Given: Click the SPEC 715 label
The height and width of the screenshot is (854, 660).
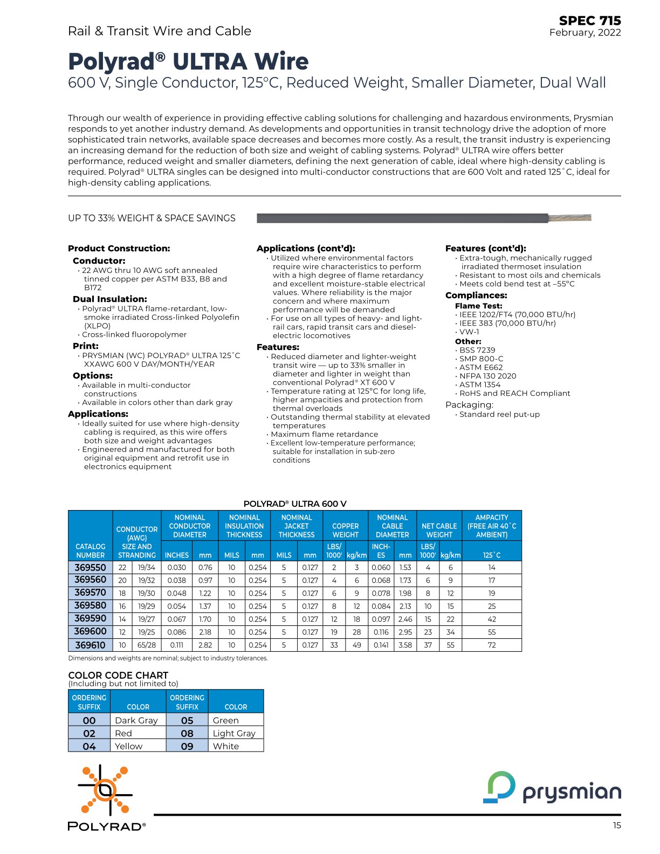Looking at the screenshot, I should click(x=589, y=20).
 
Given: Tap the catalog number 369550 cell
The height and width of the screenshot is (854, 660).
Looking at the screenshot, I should click(x=90, y=567).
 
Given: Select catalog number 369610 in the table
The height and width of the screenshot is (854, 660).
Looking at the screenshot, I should click(x=90, y=645).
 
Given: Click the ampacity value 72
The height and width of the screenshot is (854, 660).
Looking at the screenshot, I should click(x=491, y=645).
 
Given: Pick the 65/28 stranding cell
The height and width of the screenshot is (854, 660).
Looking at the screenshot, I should click(x=146, y=645).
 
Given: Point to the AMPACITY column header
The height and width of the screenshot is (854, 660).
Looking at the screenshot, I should click(x=491, y=526).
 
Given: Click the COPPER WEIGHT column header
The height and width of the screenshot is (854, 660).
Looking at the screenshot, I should click(x=345, y=530).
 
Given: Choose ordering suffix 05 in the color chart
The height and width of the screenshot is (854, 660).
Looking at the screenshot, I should click(x=187, y=720).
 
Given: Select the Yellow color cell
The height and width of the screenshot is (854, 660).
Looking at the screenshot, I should click(x=129, y=746).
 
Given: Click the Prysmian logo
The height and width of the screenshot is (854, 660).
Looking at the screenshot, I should click(x=552, y=788).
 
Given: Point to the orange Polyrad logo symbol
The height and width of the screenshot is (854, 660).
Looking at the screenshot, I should click(x=105, y=790).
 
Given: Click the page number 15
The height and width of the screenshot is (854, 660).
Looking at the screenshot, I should click(x=616, y=825).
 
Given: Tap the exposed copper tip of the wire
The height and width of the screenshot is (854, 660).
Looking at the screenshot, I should click(x=569, y=218).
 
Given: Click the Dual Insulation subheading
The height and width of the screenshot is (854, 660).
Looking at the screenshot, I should click(x=110, y=299).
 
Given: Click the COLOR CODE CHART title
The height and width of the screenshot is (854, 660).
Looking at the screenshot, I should click(x=118, y=675).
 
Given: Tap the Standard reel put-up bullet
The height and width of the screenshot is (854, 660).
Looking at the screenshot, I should click(x=499, y=414).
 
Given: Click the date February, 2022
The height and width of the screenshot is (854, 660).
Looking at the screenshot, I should click(x=585, y=32).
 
